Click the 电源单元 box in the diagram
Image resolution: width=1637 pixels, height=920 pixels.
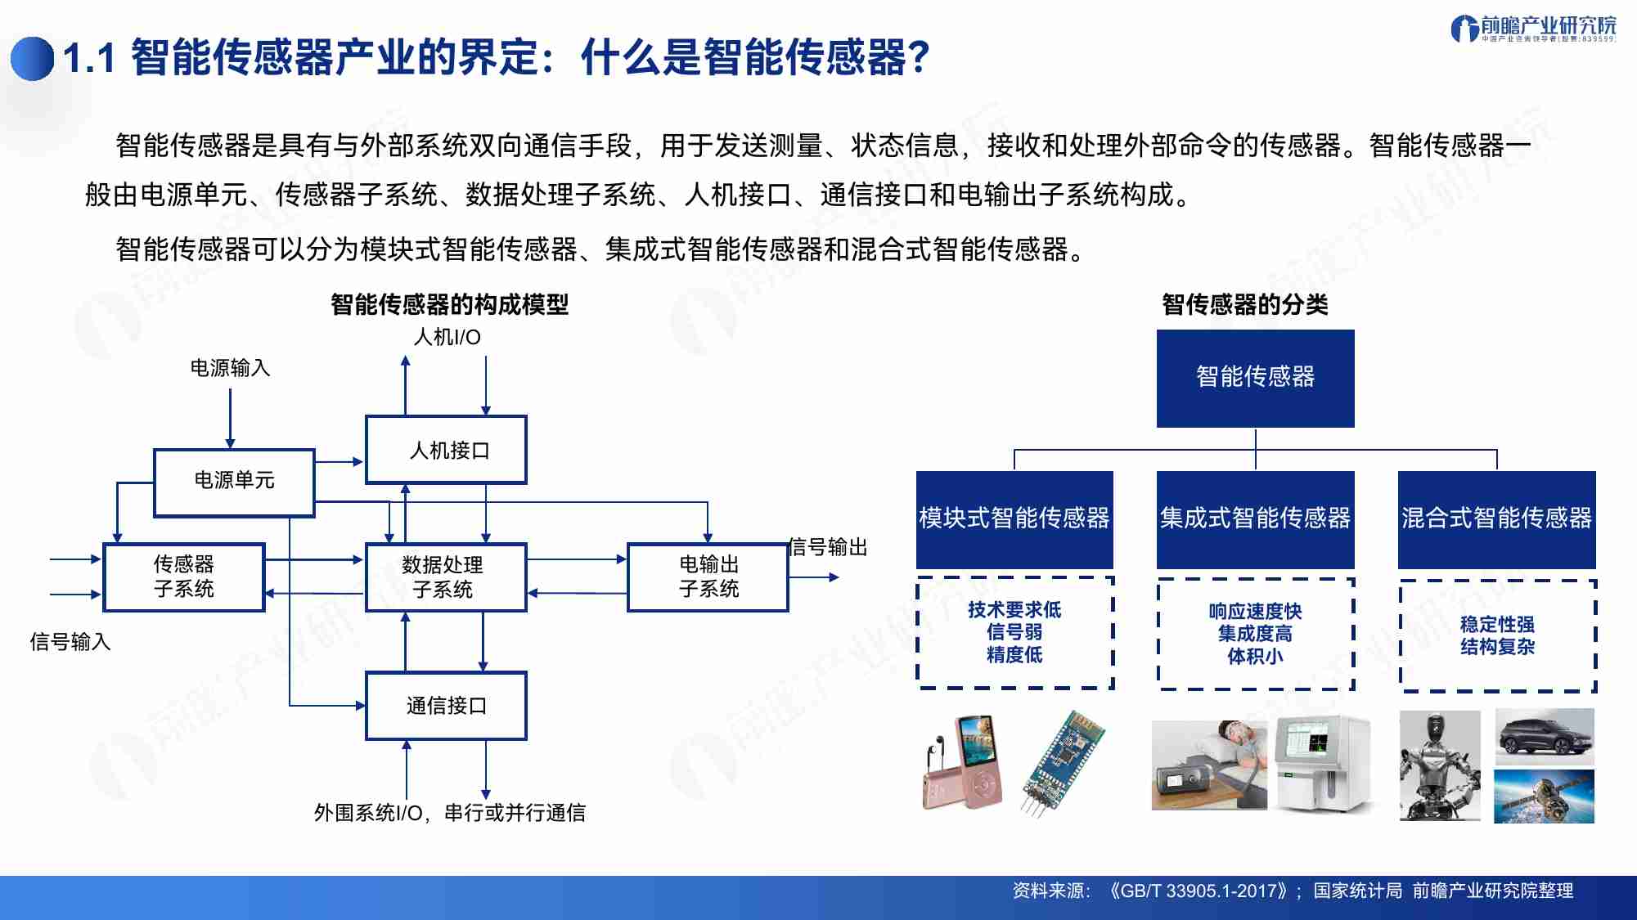click(x=234, y=482)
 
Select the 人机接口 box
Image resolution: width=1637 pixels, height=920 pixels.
click(x=446, y=450)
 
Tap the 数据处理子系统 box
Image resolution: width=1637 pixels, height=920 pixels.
click(x=446, y=577)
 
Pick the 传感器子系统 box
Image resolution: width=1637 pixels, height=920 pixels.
click(x=184, y=577)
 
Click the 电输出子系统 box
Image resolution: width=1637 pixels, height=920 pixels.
click(x=708, y=577)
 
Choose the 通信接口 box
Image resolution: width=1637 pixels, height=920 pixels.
click(x=446, y=706)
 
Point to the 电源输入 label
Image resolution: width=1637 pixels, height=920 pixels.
click(x=230, y=368)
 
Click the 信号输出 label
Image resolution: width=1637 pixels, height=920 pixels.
click(x=827, y=547)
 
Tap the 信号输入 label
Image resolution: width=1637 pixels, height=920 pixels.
click(x=70, y=642)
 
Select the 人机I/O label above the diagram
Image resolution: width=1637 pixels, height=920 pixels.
click(x=447, y=337)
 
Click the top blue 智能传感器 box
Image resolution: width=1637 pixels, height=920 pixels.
click(x=1255, y=378)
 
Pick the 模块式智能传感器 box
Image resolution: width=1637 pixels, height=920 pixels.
click(x=1014, y=519)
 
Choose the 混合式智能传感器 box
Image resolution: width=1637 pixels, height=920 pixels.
click(x=1496, y=519)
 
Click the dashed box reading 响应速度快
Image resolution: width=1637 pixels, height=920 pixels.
click(x=1255, y=634)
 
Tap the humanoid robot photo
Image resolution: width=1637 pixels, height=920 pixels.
click(x=1440, y=765)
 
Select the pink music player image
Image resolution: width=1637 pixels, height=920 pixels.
click(x=964, y=762)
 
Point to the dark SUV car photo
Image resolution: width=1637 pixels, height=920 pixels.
click(x=1545, y=737)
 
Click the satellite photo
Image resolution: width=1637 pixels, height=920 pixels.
click(x=1545, y=796)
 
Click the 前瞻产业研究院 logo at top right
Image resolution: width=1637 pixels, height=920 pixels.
click(x=1533, y=29)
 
